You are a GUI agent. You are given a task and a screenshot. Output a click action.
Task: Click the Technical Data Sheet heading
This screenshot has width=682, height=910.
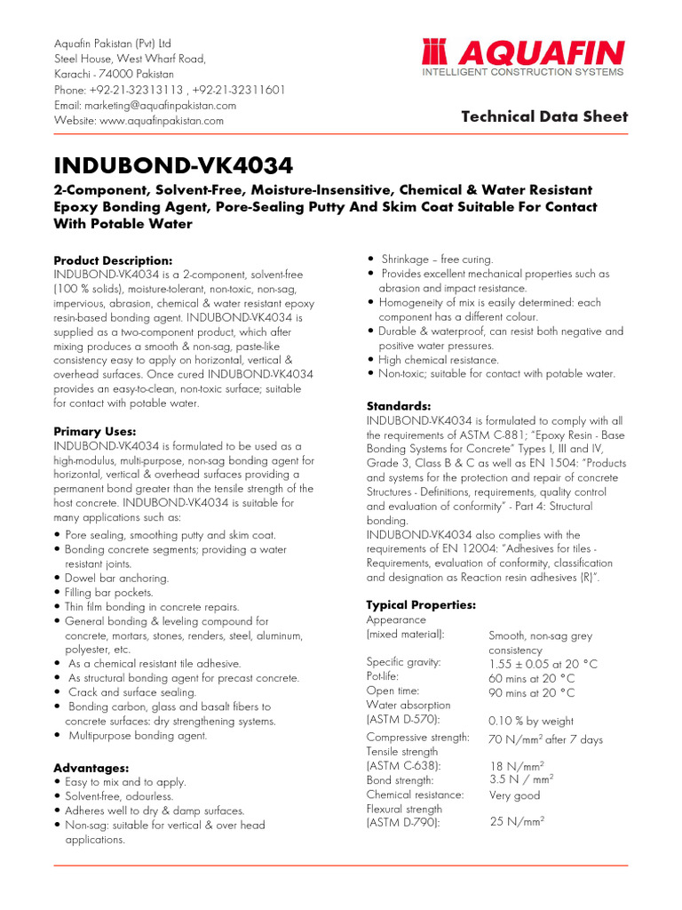(x=544, y=116)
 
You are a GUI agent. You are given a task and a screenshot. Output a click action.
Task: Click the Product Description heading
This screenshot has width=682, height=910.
(x=114, y=260)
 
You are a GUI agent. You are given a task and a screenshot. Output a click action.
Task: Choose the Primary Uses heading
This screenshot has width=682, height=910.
(x=95, y=432)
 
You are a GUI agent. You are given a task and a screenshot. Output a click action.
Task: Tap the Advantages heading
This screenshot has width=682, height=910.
(x=91, y=768)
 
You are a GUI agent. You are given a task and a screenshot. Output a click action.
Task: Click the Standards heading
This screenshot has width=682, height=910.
(x=399, y=406)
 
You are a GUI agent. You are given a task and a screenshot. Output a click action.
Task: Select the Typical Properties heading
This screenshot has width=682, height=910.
(x=421, y=605)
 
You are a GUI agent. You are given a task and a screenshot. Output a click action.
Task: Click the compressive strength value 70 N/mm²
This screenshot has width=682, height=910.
(x=545, y=739)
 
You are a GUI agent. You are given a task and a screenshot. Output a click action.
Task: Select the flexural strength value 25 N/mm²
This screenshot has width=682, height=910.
(x=517, y=822)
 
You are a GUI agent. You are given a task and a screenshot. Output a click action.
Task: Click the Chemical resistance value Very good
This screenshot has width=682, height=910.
(x=514, y=795)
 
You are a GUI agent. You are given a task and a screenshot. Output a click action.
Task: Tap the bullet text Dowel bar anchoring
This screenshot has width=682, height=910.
(x=117, y=579)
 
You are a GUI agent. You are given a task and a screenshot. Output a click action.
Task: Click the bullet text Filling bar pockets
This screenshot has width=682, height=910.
(x=109, y=593)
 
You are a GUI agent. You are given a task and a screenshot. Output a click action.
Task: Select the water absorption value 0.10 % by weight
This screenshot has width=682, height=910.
(x=531, y=722)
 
